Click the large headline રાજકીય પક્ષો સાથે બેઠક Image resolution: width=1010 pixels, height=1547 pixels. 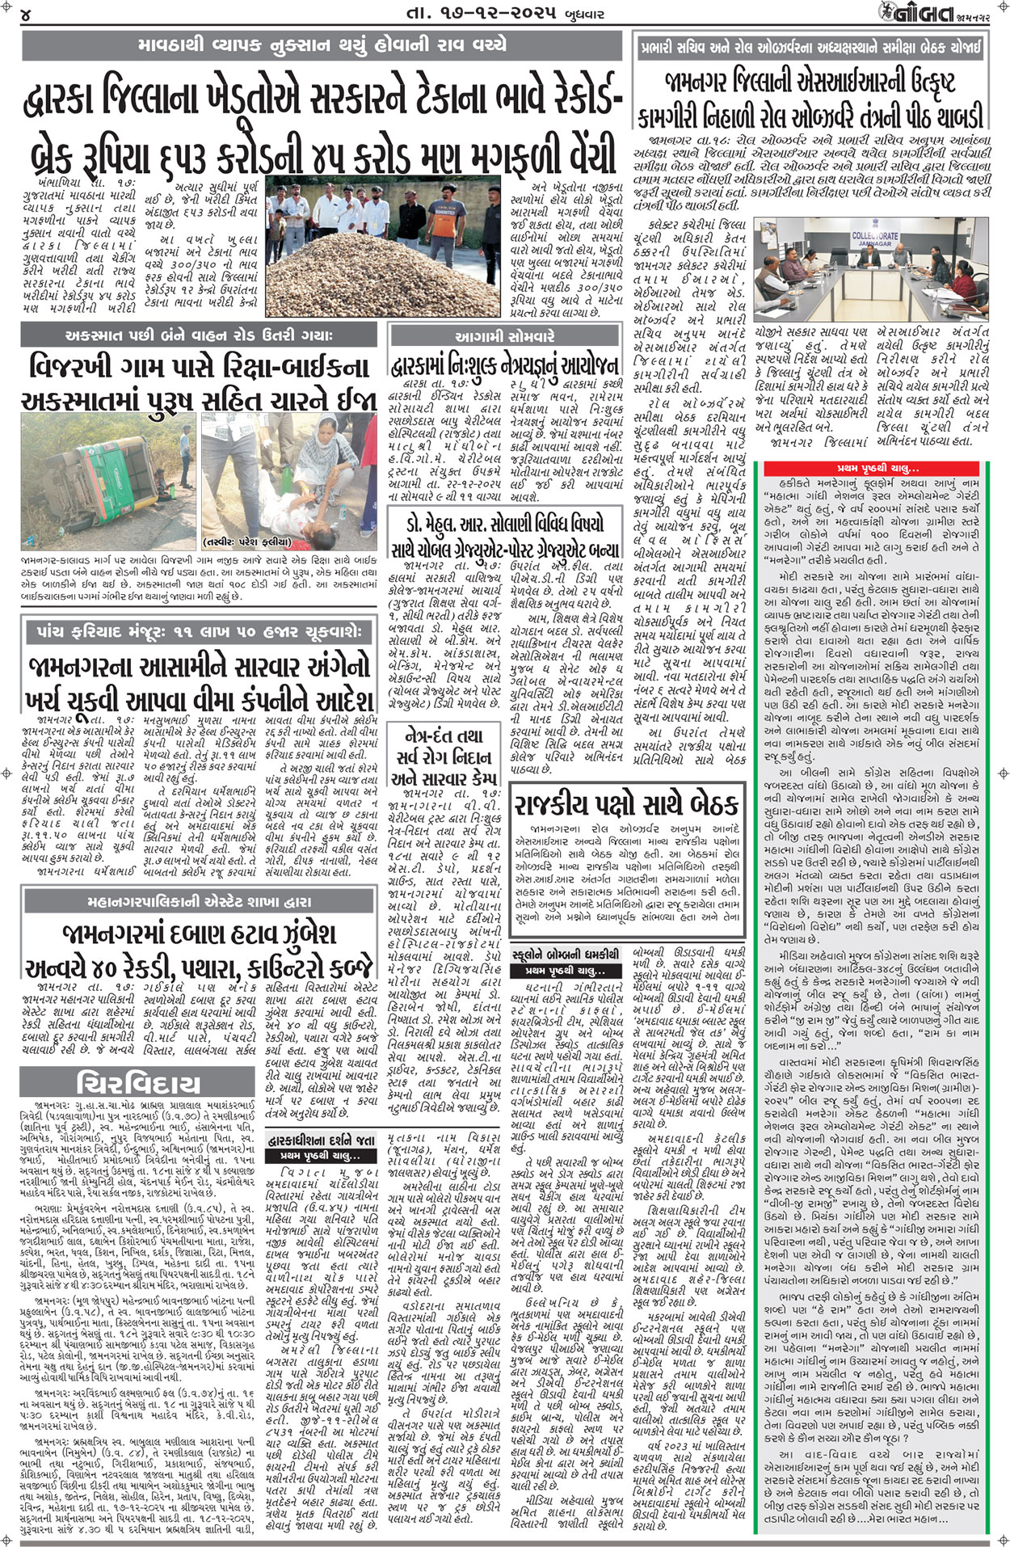click(627, 803)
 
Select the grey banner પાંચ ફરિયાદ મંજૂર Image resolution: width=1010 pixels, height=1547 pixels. click(199, 631)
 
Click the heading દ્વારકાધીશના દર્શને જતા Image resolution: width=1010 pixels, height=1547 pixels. click(322, 1139)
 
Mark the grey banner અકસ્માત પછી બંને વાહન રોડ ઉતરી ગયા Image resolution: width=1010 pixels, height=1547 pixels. click(199, 335)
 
